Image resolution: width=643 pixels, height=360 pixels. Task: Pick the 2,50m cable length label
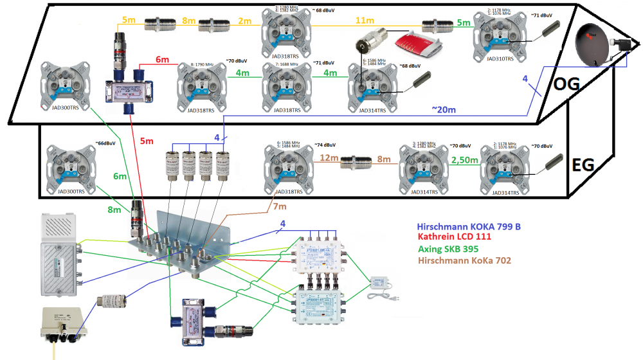click(x=464, y=159)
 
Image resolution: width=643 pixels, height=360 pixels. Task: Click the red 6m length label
click(x=163, y=59)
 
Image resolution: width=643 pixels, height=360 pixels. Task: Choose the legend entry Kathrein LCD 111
click(x=456, y=239)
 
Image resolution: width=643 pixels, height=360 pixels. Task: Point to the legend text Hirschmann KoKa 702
click(x=467, y=261)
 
